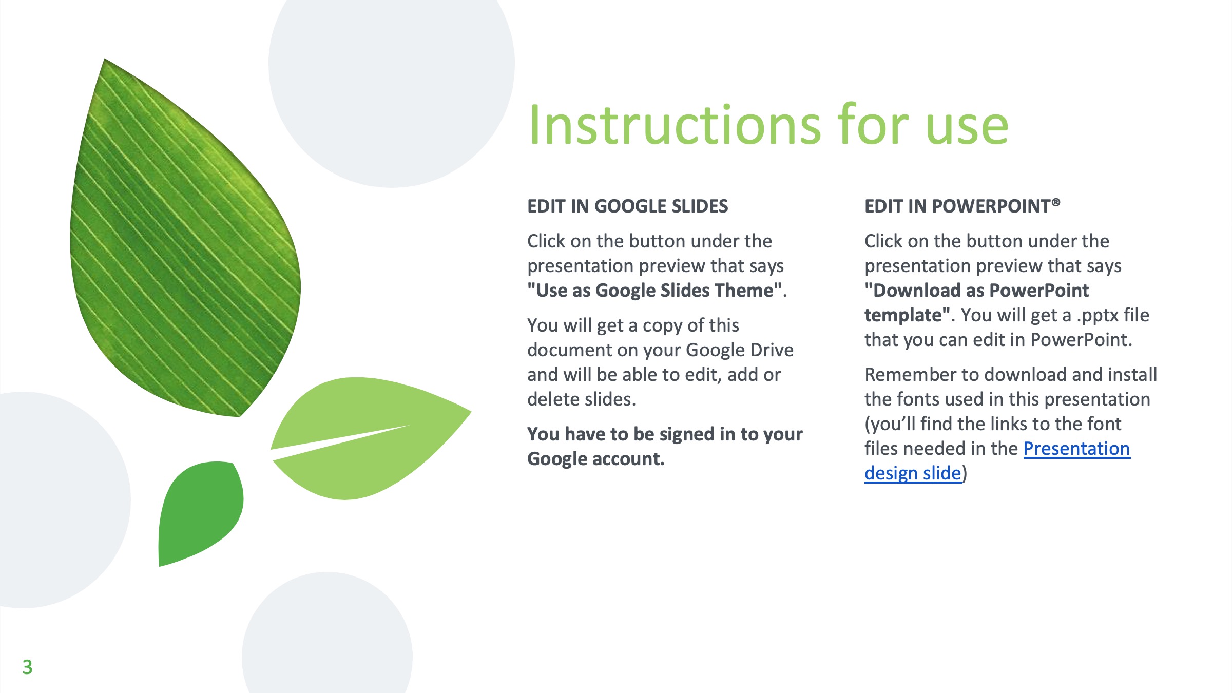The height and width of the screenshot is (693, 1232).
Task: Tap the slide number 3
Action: (x=27, y=667)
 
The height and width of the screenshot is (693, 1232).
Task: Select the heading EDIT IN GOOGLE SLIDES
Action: (x=627, y=206)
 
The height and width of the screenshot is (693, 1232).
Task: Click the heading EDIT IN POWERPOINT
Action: (x=962, y=206)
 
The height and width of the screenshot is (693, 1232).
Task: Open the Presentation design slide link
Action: (x=997, y=460)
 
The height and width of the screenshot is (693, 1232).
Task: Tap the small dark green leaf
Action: (x=201, y=513)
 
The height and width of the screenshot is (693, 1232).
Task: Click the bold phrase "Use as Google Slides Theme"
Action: (x=655, y=291)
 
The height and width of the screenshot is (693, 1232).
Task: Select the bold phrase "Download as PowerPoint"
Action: (x=976, y=291)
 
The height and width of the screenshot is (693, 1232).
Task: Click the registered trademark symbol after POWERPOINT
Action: (x=1056, y=202)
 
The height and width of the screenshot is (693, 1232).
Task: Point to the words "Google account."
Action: (x=596, y=459)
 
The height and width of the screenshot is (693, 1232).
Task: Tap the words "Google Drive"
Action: (x=740, y=350)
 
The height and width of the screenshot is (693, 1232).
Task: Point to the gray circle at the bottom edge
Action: (x=328, y=637)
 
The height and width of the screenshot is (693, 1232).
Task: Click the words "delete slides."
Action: (x=582, y=399)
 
